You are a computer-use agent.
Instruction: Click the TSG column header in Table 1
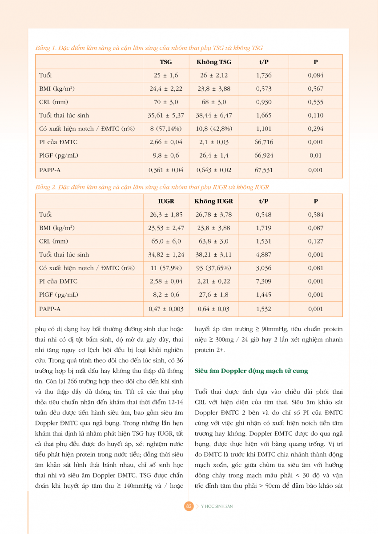point(165,62)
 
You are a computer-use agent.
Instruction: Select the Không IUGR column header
point(213,201)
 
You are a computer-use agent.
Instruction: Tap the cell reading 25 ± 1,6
point(165,75)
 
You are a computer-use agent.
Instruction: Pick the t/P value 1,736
point(264,75)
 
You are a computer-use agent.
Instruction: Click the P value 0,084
point(315,75)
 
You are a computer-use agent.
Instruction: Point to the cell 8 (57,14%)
point(165,129)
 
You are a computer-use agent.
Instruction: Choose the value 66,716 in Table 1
point(264,142)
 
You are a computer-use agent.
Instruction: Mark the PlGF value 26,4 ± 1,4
point(213,155)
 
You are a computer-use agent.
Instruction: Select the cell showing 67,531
point(264,170)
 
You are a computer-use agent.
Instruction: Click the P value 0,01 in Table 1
point(315,155)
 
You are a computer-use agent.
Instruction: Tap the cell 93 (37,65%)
point(213,268)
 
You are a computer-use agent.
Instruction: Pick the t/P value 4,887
point(264,255)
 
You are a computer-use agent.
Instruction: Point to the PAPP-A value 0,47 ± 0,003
point(166,309)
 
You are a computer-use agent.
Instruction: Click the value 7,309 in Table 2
point(264,281)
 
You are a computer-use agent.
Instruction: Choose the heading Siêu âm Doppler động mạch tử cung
point(252,371)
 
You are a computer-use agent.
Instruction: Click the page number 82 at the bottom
point(189,506)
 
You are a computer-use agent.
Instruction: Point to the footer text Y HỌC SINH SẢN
point(217,506)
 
